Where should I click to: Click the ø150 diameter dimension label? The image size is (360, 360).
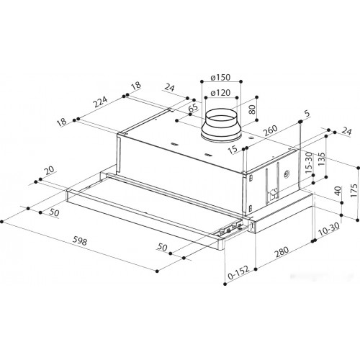(220, 78)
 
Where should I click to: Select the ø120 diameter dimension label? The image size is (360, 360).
(220, 92)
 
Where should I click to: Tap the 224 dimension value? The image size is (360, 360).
(100, 102)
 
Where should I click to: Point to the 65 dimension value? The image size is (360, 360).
(194, 107)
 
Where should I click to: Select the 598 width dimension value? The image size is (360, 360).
(80, 241)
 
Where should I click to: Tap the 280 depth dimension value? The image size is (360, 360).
(282, 252)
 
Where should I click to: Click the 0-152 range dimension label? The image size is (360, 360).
(238, 273)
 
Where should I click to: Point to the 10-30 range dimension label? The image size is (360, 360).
(329, 229)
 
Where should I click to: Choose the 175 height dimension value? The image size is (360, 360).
(354, 191)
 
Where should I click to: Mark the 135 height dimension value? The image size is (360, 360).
(321, 159)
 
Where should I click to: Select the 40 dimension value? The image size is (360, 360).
(338, 191)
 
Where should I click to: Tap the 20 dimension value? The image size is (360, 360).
(50, 170)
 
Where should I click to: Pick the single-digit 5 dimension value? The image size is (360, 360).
(307, 113)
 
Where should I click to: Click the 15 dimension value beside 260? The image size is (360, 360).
(233, 150)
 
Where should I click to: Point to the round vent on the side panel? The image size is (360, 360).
(287, 174)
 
